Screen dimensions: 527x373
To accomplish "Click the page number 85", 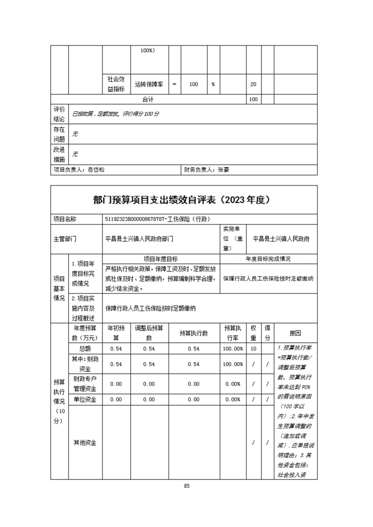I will tap(187, 486).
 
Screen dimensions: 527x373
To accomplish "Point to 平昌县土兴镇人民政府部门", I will tap(140, 239).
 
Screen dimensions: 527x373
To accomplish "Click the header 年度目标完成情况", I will tap(268, 259).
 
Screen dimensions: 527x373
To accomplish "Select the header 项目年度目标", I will tap(160, 259).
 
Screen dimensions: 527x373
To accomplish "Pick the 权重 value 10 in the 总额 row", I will tap(254, 349).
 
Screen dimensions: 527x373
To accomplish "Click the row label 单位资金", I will tap(85, 399).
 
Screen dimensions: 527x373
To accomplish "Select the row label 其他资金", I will tap(85, 442).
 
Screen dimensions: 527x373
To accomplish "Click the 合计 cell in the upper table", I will tap(148, 100).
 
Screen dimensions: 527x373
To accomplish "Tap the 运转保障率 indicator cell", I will tap(149, 85).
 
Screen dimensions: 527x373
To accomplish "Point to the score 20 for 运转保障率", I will tap(254, 85).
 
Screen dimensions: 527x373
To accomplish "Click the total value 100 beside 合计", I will tap(254, 100).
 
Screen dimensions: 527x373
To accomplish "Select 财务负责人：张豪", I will tap(206, 170).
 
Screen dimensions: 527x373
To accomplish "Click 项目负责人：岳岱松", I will tap(79, 170).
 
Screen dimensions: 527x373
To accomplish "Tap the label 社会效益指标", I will tap(116, 84).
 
